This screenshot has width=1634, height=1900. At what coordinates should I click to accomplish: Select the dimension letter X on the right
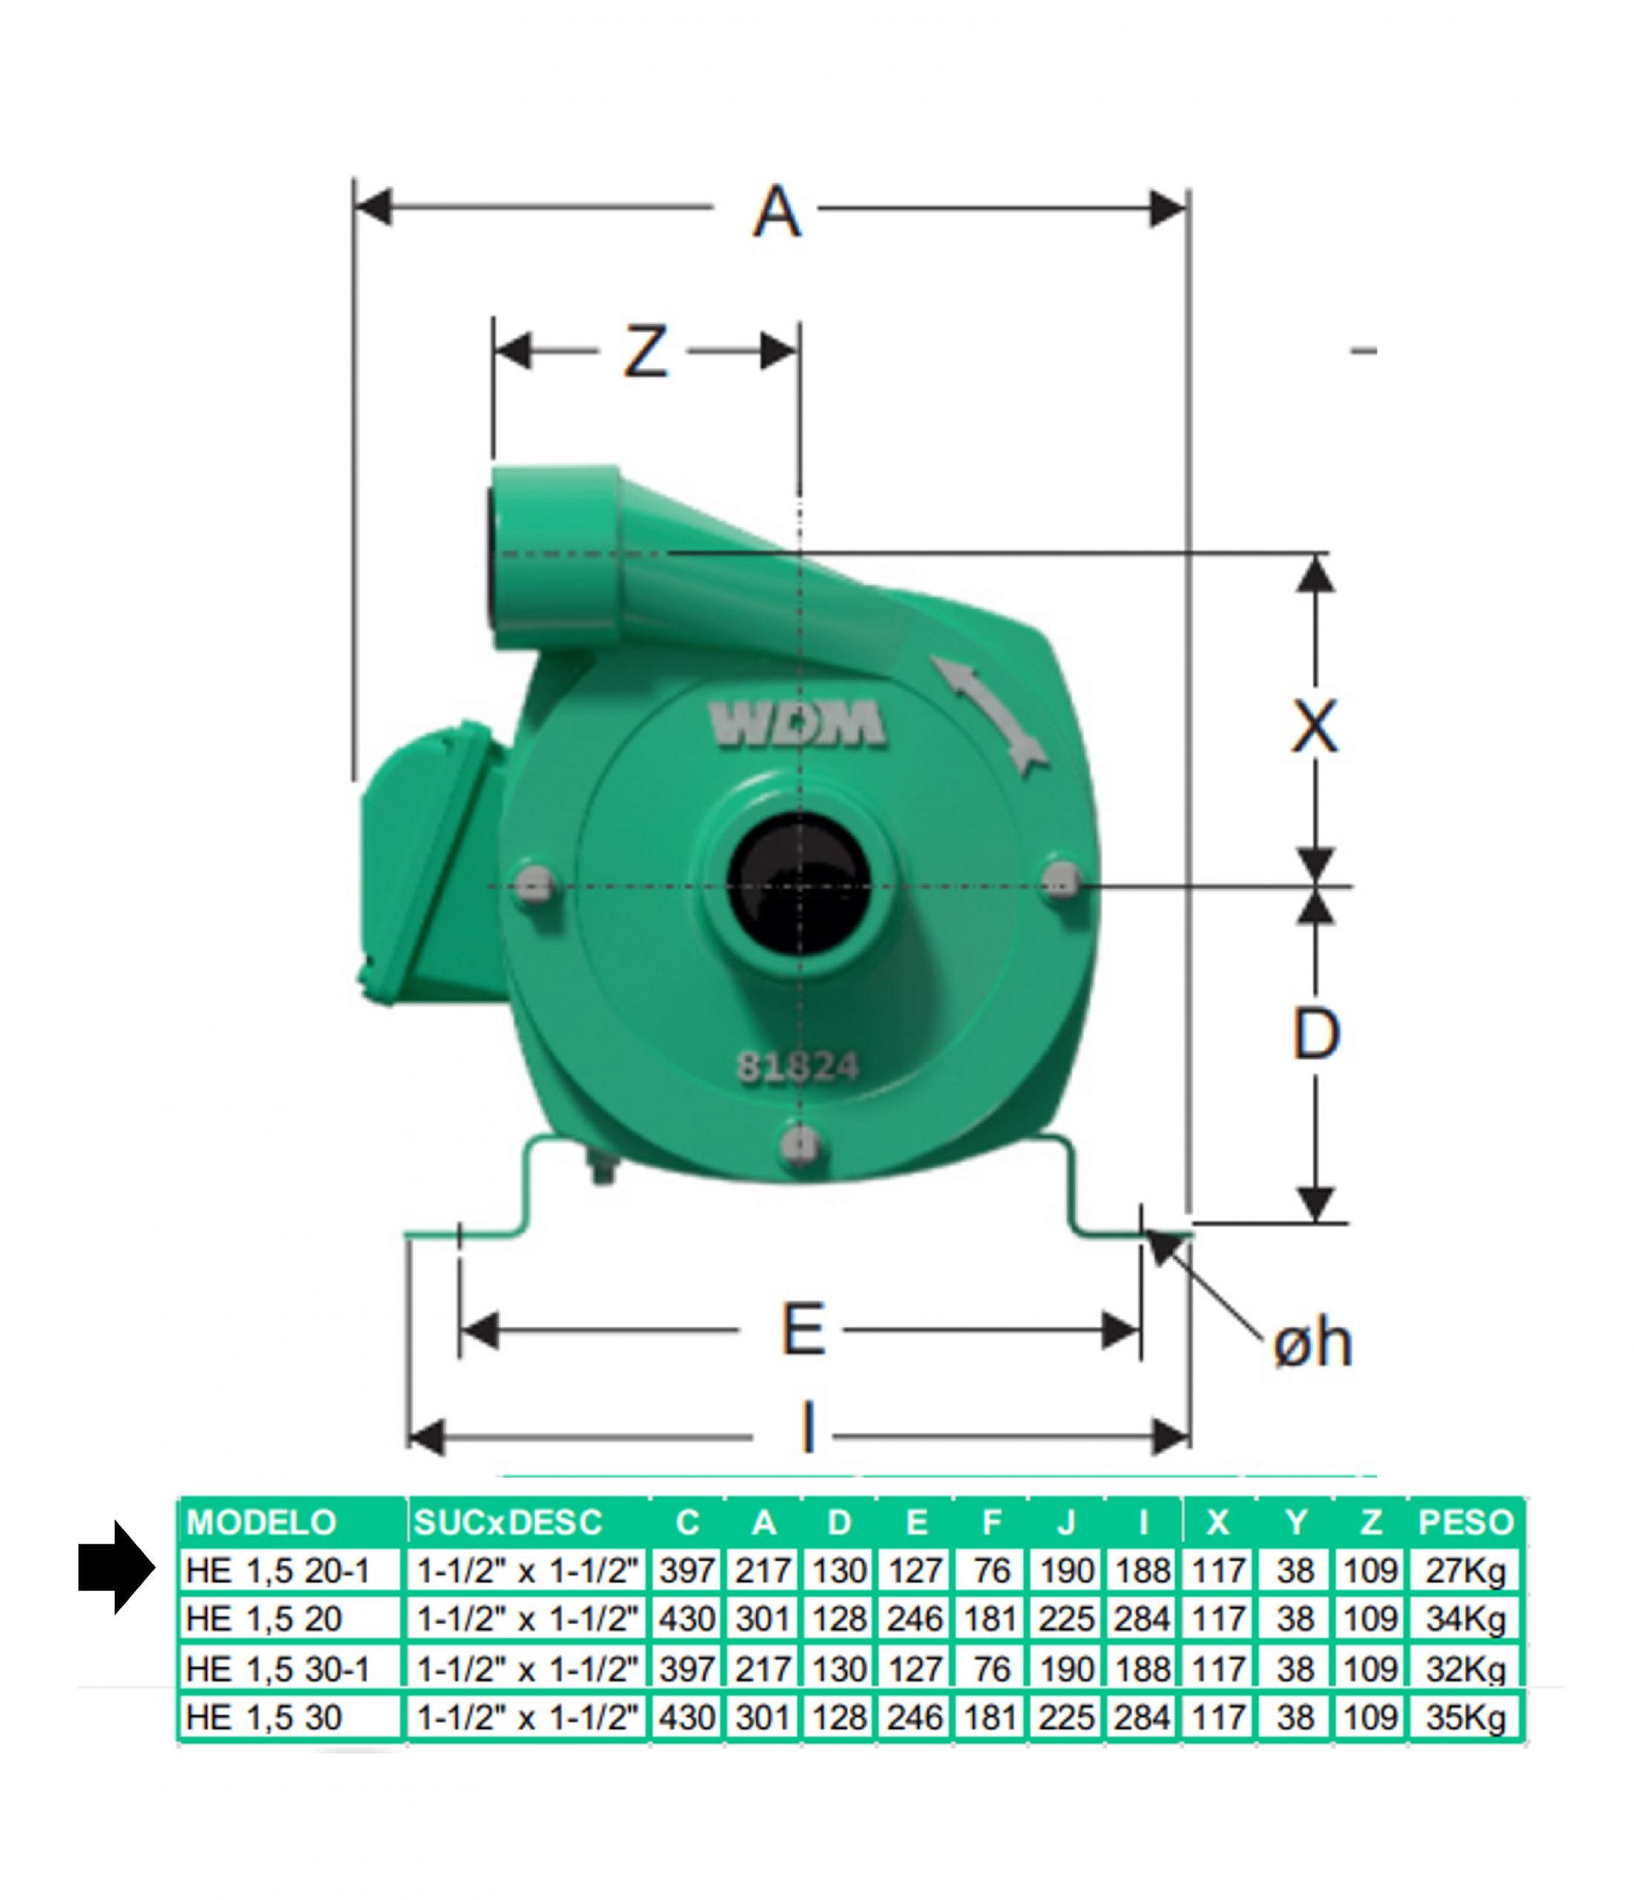click(x=1314, y=727)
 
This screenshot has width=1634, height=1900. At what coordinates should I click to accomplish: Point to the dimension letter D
click(x=1316, y=1033)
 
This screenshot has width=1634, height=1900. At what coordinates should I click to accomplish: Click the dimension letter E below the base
click(x=803, y=1329)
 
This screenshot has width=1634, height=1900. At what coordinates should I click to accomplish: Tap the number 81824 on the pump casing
click(x=798, y=1067)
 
